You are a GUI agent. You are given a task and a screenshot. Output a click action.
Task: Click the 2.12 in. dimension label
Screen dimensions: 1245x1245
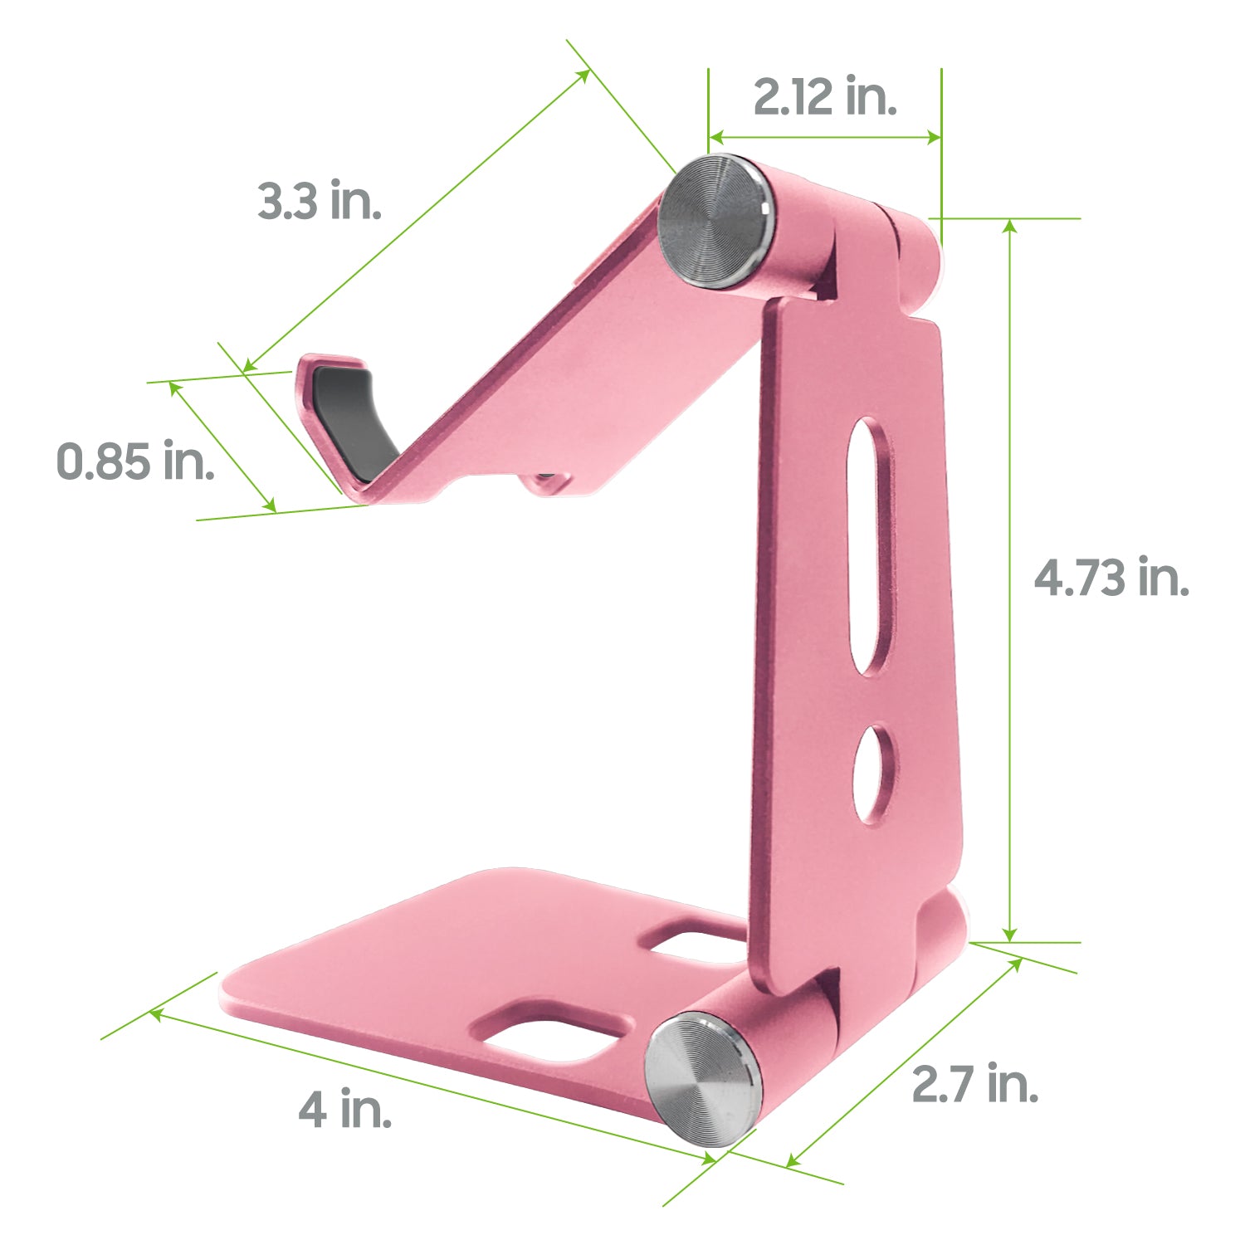(825, 96)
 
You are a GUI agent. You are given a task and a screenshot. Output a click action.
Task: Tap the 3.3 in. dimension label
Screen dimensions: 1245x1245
(320, 200)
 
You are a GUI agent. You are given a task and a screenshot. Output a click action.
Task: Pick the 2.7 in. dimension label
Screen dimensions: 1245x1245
(975, 1084)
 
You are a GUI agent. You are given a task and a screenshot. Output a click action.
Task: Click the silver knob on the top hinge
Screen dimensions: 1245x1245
(714, 222)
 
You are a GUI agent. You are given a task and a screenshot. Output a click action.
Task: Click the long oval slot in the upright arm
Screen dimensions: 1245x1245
(871, 545)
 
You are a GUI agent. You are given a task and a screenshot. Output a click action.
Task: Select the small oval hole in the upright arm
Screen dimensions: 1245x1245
(873, 774)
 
